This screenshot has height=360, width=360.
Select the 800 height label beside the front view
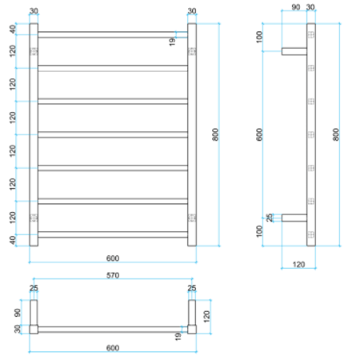pos(215,135)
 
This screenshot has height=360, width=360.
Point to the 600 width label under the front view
pos(112,258)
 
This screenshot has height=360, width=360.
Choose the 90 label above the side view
pos(296,8)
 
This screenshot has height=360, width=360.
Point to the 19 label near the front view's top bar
pos(172,42)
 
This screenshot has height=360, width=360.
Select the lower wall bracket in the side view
pos(294,217)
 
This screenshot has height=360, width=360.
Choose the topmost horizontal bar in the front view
pos(113,34)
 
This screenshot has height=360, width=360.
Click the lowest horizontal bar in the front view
pos(113,234)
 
